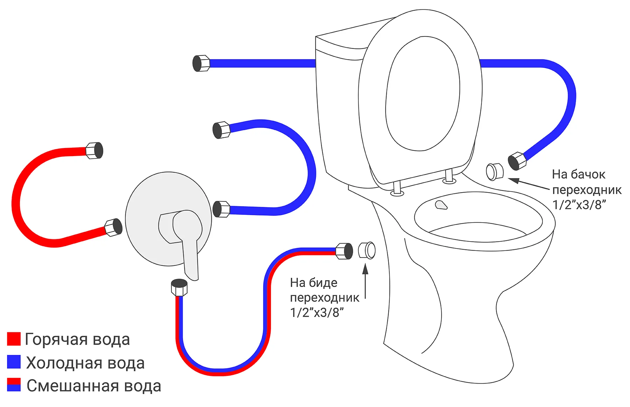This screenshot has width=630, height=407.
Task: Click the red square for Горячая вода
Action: (x=14, y=339)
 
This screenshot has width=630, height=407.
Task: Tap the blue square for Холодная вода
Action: (x=14, y=362)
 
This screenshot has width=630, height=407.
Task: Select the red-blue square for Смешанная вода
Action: (x=14, y=385)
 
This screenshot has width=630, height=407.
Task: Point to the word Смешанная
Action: (x=72, y=386)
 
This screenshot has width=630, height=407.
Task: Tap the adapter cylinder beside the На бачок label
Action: (x=494, y=171)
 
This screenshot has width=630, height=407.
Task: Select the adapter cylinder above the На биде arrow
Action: (x=367, y=250)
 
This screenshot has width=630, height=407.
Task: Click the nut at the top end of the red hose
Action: (x=94, y=151)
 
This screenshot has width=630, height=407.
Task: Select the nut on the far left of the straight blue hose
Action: (x=201, y=63)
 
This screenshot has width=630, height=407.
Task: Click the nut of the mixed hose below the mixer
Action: (x=179, y=287)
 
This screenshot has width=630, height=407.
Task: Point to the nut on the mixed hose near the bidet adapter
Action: (x=344, y=251)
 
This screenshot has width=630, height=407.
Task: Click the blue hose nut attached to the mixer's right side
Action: (x=221, y=209)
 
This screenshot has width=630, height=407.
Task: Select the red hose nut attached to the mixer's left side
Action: (x=113, y=227)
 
